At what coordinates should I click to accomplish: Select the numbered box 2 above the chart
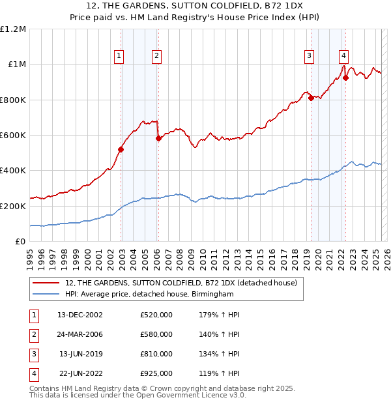(157, 57)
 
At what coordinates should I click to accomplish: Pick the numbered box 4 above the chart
(343, 57)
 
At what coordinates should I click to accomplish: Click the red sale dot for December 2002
(121, 149)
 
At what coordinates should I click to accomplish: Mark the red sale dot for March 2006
(158, 138)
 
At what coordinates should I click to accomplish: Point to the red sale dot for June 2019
(311, 98)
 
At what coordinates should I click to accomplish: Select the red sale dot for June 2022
(346, 78)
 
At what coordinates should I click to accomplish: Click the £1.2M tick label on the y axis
(13, 29)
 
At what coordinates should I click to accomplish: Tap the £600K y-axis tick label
(13, 136)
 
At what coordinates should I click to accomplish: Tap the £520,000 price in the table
(156, 315)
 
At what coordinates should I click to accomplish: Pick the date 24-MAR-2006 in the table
(81, 334)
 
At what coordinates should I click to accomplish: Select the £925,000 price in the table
(156, 373)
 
